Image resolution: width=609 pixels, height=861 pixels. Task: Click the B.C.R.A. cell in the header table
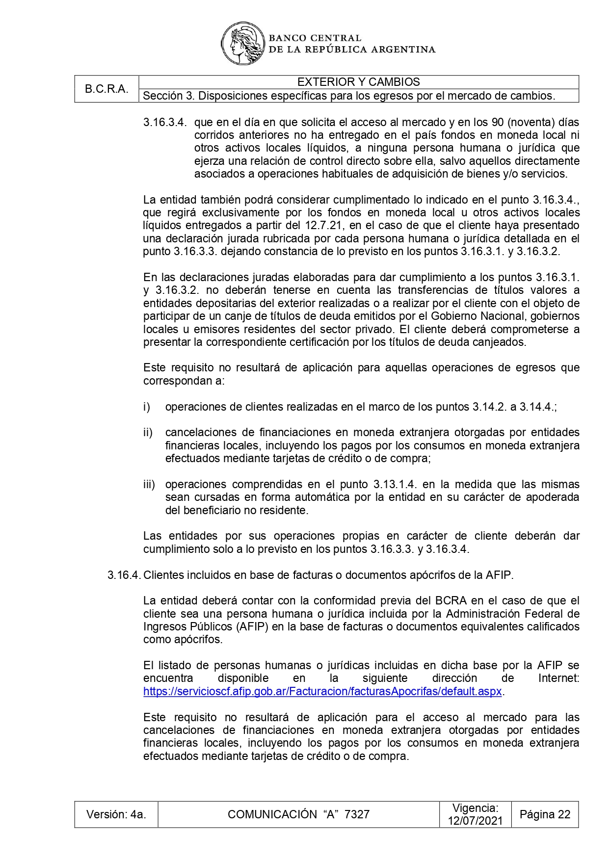point(106,89)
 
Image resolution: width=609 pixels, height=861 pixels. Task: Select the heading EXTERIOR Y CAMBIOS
point(358,82)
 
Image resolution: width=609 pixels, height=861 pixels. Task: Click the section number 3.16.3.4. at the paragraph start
point(165,122)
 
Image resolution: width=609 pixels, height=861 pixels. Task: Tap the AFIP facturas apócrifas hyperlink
point(322,691)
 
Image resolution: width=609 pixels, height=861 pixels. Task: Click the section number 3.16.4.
point(124,575)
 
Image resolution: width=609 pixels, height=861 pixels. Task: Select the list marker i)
point(146,407)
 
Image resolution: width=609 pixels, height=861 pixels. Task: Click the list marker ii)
point(148,433)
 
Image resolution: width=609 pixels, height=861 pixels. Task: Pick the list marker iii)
point(149,485)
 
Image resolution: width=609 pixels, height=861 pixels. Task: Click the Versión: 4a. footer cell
point(116,814)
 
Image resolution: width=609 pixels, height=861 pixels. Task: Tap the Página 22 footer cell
point(545,814)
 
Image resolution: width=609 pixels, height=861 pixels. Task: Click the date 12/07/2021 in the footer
point(475,821)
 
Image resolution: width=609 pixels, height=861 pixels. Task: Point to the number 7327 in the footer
point(357,814)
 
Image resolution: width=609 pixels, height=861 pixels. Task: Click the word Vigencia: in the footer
point(475,808)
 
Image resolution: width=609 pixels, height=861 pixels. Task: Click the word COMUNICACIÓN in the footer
point(272,814)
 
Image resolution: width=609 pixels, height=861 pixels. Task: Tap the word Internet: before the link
point(558,678)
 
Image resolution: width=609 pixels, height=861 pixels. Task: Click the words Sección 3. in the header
point(169,96)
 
